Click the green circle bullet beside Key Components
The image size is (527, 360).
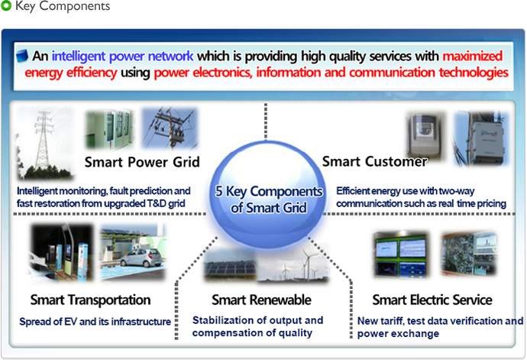(6, 5)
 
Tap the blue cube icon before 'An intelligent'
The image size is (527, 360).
(22, 56)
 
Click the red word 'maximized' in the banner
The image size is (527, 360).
(473, 56)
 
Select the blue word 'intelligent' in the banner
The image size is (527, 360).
(79, 57)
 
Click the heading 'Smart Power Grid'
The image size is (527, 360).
(142, 162)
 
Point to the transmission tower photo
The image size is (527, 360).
(45, 144)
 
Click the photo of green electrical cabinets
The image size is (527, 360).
(109, 129)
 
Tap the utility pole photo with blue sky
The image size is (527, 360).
(170, 128)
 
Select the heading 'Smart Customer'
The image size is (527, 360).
(375, 161)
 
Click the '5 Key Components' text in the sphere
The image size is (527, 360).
(269, 191)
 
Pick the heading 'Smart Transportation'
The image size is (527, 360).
(90, 300)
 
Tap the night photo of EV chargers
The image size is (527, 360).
(62, 252)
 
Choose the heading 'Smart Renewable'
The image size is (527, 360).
(261, 300)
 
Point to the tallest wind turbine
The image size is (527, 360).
(307, 264)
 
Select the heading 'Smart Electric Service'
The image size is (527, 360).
(432, 300)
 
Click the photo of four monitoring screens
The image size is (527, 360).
(400, 254)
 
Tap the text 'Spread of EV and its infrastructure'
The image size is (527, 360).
(95, 322)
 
